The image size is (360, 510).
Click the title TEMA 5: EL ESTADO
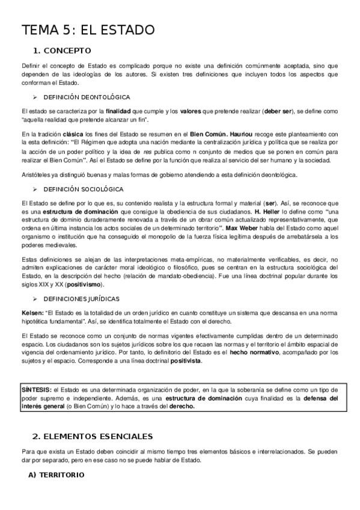click(x=88, y=29)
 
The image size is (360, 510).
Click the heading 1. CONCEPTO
click(x=63, y=51)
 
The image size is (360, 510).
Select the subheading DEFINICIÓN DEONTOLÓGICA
click(x=87, y=97)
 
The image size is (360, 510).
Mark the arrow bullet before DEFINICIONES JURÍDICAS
click(x=35, y=299)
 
